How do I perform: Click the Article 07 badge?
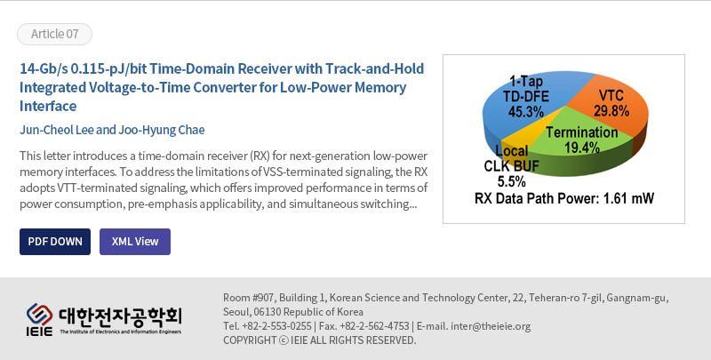(x=54, y=34)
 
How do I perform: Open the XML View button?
(x=135, y=242)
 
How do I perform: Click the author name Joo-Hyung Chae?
(x=162, y=130)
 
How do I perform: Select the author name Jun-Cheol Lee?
(x=57, y=130)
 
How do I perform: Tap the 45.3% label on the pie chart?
(x=525, y=111)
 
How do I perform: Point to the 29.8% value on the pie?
(x=611, y=110)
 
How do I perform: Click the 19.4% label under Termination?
(x=582, y=148)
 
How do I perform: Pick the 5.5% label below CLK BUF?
(x=512, y=182)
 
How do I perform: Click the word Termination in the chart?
(x=582, y=132)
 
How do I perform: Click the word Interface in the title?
(x=48, y=106)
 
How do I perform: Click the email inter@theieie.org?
(x=491, y=326)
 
